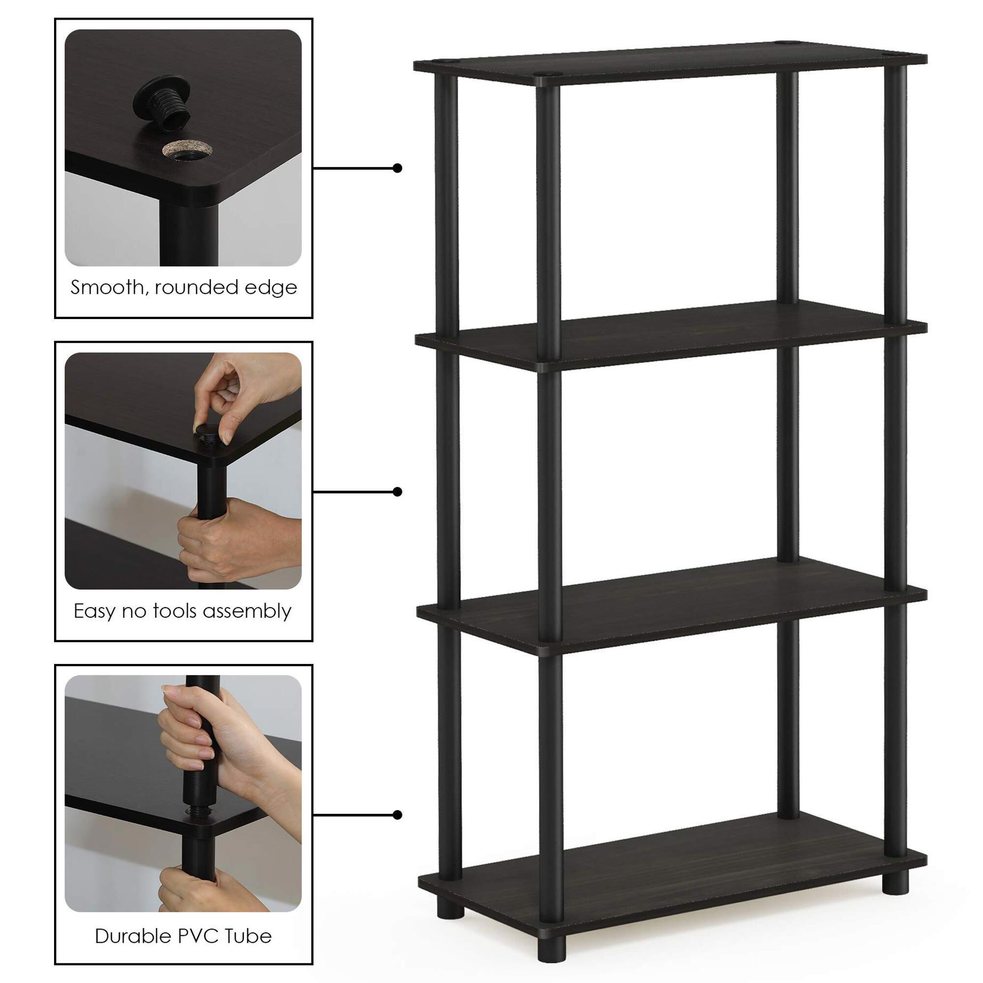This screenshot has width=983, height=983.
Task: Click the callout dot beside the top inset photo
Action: point(398,168)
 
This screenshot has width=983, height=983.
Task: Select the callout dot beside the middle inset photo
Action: point(398,491)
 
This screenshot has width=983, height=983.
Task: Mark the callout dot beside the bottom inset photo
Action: point(398,815)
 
